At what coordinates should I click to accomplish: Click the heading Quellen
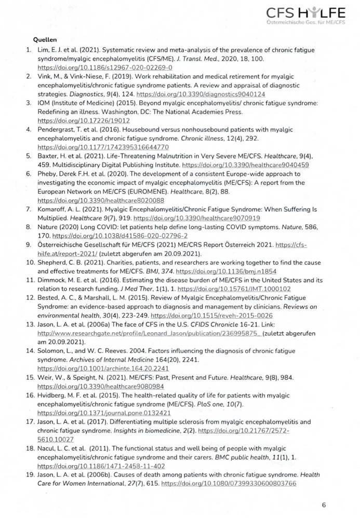click(x=45, y=39)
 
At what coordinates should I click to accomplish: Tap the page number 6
click(x=324, y=505)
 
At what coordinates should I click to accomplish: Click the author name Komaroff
click(x=53, y=209)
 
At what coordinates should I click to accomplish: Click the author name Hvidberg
click(x=52, y=395)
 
